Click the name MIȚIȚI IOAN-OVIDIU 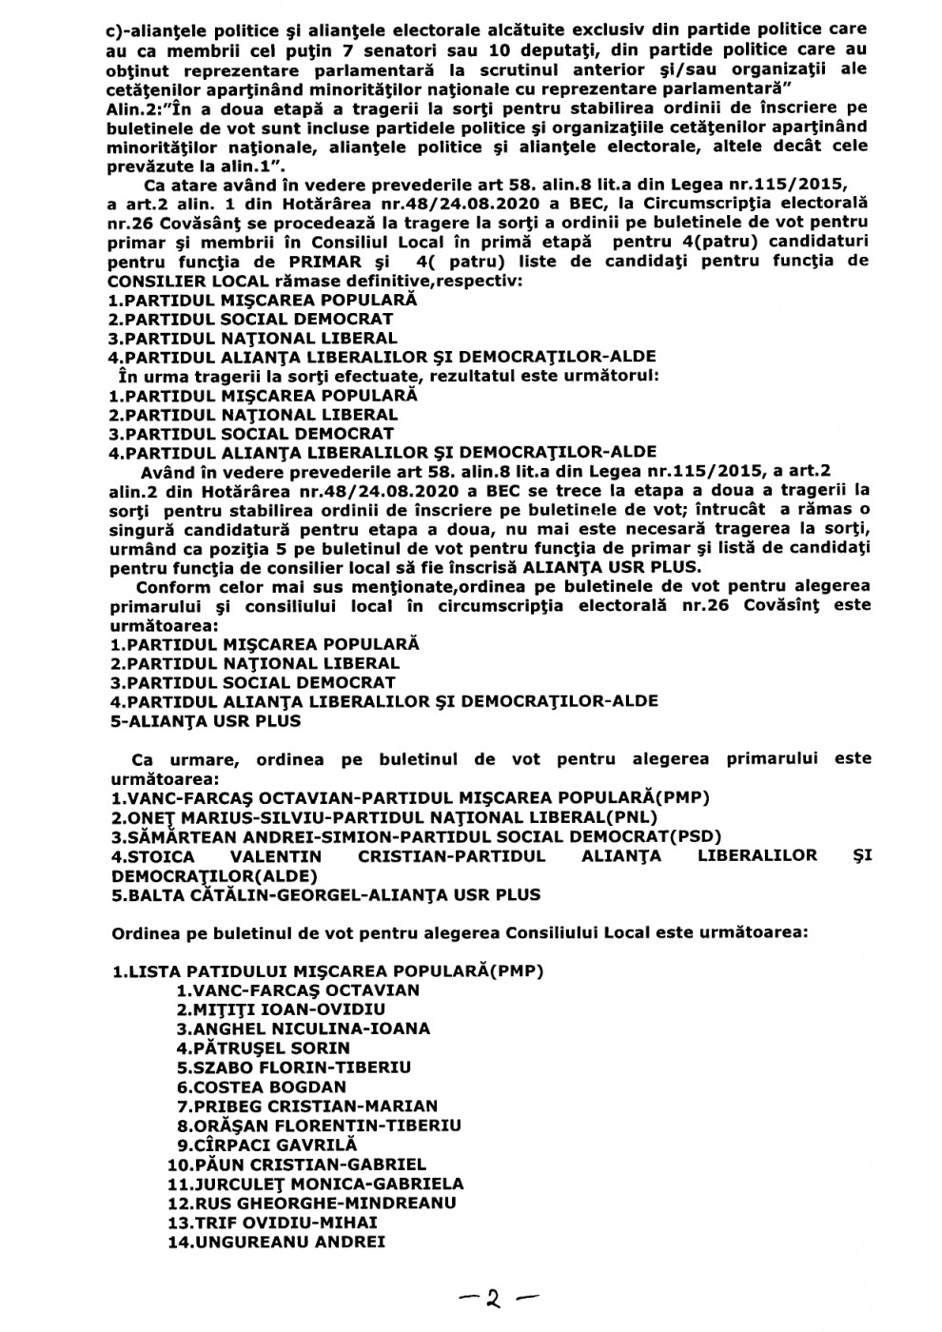[x=280, y=1009]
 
